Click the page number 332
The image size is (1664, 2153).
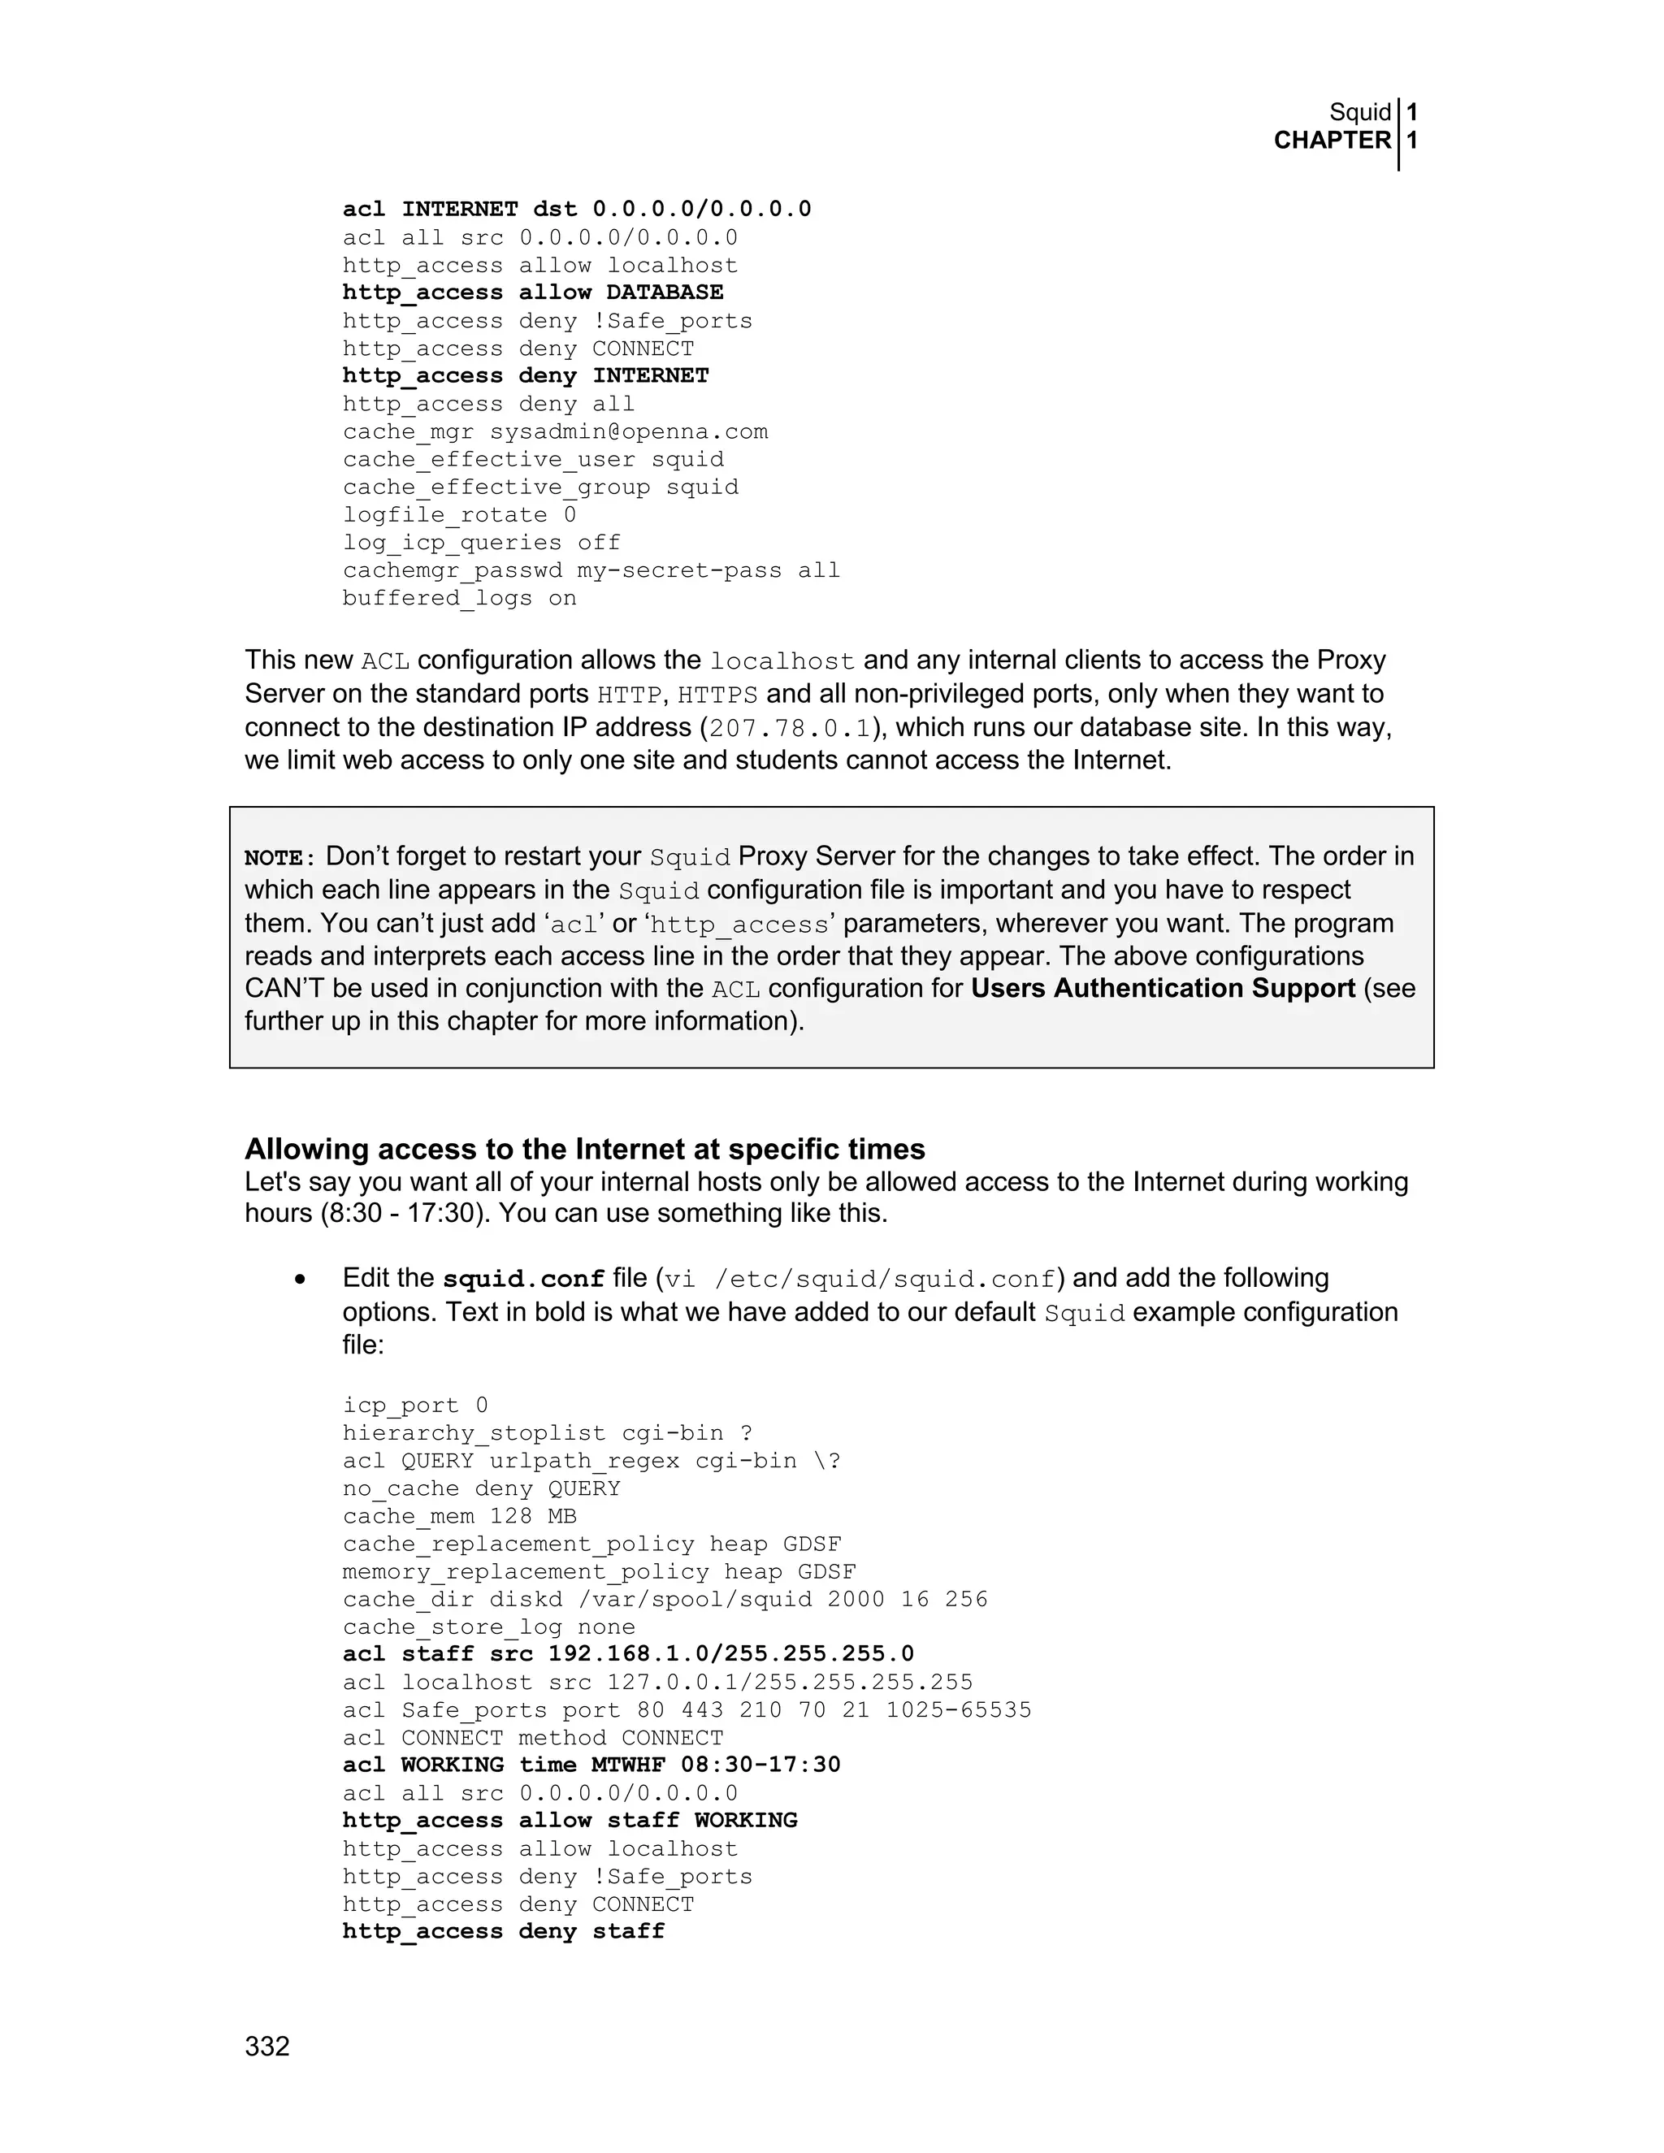(x=267, y=2047)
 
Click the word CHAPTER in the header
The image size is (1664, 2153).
(x=1332, y=141)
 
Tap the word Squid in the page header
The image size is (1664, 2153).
(x=1359, y=112)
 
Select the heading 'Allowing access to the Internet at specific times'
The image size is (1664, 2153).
(x=584, y=1150)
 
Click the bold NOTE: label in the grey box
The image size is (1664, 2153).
(x=280, y=858)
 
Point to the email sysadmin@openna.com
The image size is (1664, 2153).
(x=628, y=431)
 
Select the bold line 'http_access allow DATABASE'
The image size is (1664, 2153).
(x=532, y=292)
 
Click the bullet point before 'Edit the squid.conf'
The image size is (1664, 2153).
(x=300, y=1280)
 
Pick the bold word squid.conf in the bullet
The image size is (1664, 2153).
(x=522, y=1280)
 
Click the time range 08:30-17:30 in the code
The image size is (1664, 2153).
(x=760, y=1765)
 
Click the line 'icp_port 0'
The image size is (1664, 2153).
(x=415, y=1405)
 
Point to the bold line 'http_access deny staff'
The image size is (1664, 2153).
(x=504, y=1931)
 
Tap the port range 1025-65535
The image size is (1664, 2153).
(x=958, y=1709)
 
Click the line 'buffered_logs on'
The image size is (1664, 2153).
(x=459, y=599)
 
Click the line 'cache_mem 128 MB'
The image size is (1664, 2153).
(x=459, y=1516)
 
